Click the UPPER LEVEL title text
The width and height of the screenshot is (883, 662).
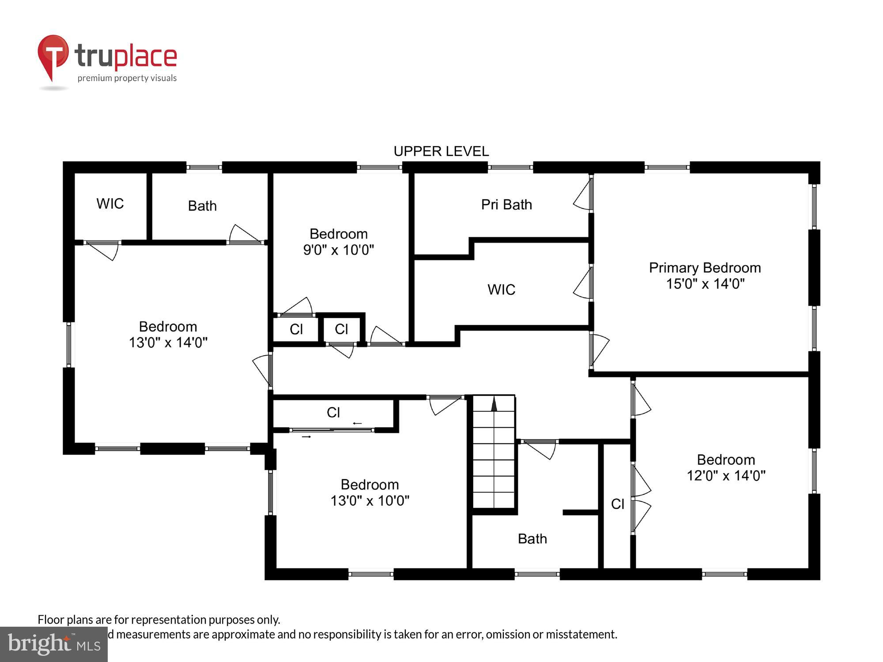[441, 151]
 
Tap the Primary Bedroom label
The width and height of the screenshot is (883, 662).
[705, 268]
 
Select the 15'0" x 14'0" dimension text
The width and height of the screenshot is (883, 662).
[705, 284]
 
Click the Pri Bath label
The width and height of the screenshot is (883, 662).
[506, 205]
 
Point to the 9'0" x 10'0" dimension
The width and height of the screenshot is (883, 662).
[338, 250]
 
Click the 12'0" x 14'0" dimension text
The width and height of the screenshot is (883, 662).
[726, 476]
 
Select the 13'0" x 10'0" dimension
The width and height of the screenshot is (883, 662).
[370, 501]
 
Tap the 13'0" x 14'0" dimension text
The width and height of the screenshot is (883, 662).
[168, 342]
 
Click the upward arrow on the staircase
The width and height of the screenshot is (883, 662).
[494, 404]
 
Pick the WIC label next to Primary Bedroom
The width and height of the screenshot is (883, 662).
[501, 290]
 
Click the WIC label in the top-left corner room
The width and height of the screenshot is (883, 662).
[110, 204]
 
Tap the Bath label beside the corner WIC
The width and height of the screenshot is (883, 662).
[202, 206]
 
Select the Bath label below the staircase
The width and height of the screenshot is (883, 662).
[532, 539]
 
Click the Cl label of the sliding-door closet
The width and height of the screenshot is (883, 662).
[333, 413]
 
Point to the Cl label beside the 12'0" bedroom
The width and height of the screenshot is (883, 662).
[617, 504]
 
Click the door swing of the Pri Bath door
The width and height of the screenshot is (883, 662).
[582, 197]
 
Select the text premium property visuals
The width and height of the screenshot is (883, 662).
[127, 79]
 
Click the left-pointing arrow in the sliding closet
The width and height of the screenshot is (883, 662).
[357, 424]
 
